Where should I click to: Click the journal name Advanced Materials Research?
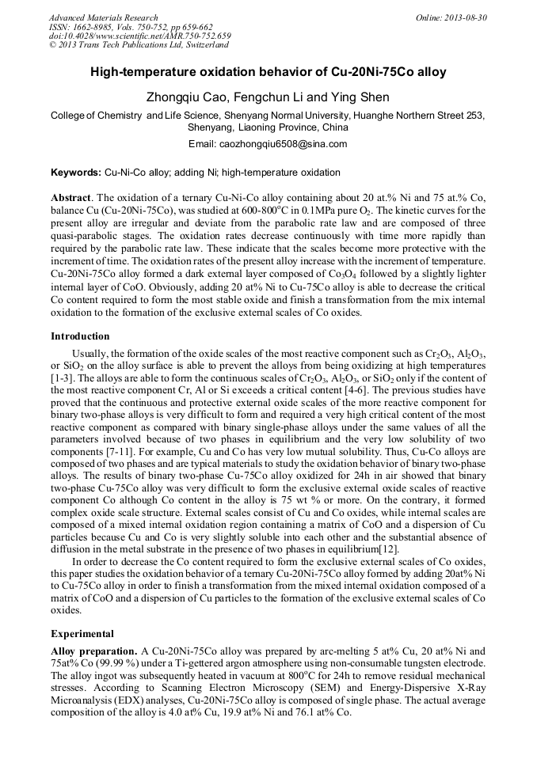[103, 17]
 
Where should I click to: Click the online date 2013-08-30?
[464, 17]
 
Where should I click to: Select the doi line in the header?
[139, 36]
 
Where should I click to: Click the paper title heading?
[268, 72]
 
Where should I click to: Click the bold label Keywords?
[76, 173]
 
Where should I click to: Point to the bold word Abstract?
[71, 196]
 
